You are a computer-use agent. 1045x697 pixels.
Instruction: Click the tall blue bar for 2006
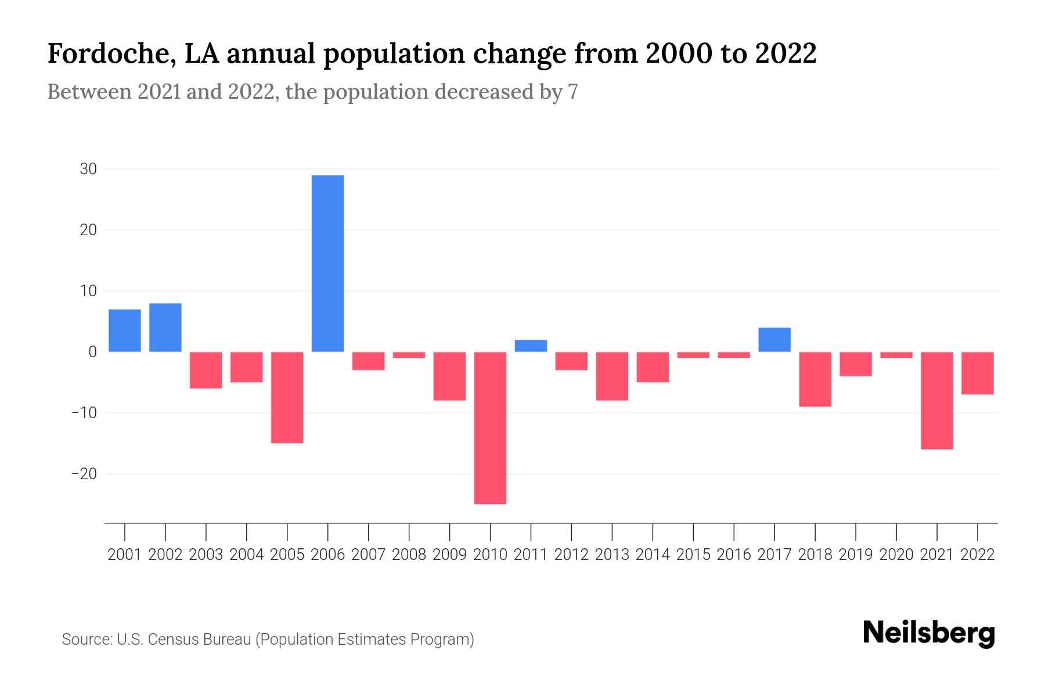pyautogui.click(x=327, y=263)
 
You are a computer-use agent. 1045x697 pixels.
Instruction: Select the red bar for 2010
pyautogui.click(x=490, y=427)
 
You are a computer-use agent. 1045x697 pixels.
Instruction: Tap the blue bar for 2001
pyautogui.click(x=125, y=330)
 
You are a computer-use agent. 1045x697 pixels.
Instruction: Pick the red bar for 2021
pyautogui.click(x=936, y=400)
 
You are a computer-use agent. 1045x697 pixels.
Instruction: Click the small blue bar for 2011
pyautogui.click(x=531, y=346)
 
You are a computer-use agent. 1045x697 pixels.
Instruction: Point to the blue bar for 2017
pyautogui.click(x=774, y=340)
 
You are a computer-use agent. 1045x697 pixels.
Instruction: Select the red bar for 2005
pyautogui.click(x=287, y=397)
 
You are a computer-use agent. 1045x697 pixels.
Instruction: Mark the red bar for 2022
pyautogui.click(x=977, y=373)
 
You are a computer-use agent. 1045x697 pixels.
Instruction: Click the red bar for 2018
pyautogui.click(x=815, y=379)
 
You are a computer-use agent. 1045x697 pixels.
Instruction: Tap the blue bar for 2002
pyautogui.click(x=165, y=328)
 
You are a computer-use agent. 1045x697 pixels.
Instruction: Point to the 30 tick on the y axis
pyautogui.click(x=88, y=169)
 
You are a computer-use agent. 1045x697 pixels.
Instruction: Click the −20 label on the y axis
pyautogui.click(x=84, y=474)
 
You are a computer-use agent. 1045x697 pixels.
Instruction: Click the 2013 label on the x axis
pyautogui.click(x=612, y=555)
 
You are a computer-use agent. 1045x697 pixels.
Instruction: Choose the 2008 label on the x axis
pyautogui.click(x=409, y=555)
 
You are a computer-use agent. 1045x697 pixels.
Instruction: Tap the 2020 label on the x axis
pyautogui.click(x=896, y=555)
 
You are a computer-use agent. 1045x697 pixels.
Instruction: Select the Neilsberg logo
pyautogui.click(x=929, y=633)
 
